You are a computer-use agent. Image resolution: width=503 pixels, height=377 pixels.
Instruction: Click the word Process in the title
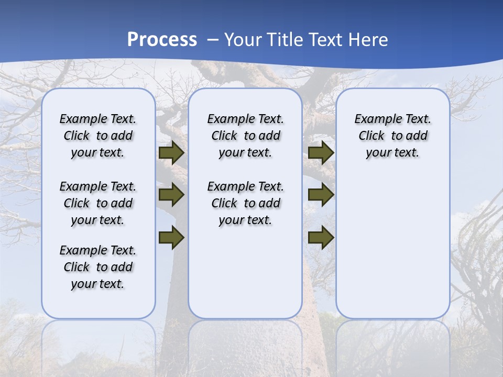162,40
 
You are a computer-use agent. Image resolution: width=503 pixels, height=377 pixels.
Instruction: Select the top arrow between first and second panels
171,153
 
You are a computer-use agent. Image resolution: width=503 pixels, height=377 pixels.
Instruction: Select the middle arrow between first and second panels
171,195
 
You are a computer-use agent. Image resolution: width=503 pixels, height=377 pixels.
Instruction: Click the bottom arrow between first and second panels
171,238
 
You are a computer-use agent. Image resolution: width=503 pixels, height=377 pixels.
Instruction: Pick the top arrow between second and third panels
321,153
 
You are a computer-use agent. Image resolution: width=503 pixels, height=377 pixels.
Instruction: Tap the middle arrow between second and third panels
321,195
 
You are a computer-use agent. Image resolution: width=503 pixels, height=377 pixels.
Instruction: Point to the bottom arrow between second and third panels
321,238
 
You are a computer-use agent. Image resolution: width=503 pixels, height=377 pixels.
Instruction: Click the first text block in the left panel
98,136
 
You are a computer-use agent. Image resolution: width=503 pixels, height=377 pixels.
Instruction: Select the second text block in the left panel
98,203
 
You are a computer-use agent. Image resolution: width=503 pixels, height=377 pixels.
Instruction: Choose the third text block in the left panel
98,267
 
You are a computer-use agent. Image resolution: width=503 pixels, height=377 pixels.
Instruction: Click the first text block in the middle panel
245,136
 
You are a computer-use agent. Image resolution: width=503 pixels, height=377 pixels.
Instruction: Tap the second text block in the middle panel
245,203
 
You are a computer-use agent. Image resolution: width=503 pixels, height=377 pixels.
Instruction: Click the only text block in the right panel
392,136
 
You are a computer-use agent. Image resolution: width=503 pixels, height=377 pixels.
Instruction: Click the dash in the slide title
213,40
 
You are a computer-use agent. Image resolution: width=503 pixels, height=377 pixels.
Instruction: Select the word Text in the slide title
326,40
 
